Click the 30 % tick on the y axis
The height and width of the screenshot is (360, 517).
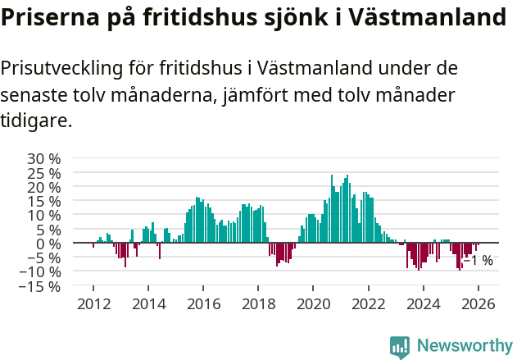[43, 158]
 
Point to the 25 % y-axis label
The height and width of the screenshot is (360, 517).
[43, 173]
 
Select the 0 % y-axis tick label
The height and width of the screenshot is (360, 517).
[48, 244]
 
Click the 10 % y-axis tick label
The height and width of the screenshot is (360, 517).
[43, 215]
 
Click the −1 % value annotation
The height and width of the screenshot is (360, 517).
[478, 261]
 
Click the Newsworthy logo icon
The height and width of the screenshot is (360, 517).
[400, 346]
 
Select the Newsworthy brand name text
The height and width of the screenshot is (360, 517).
[464, 346]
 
